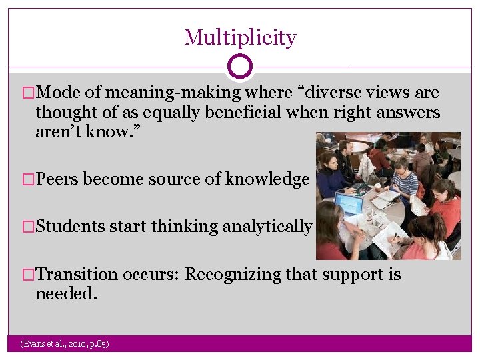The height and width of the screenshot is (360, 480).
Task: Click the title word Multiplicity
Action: pos(240,37)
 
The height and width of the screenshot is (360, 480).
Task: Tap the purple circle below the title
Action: pos(240,67)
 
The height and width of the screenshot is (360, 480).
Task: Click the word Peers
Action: pos(57,179)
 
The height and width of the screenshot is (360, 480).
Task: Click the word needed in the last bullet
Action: pos(66,293)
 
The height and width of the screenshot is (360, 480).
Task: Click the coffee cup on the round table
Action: pos(377,188)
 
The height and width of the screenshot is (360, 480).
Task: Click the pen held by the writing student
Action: pos(395,237)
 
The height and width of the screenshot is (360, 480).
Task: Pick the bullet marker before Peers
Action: pos(28,179)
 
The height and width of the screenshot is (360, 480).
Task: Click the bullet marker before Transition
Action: pos(28,275)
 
